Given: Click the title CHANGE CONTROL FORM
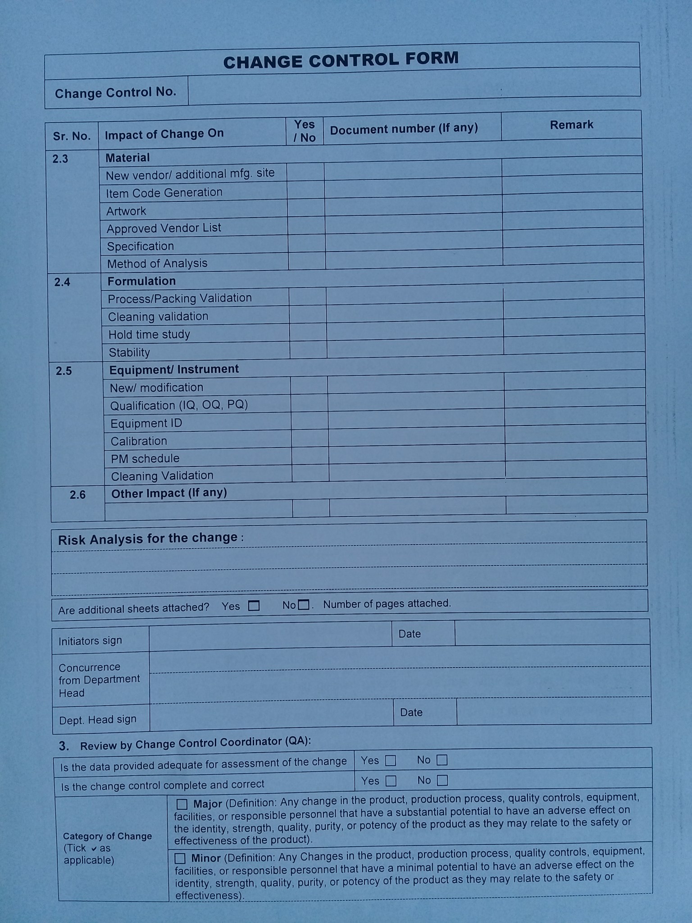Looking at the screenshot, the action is pos(341,60).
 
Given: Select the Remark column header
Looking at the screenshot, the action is pos(571,125).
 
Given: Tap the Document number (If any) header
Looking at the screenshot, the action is pos(404,129).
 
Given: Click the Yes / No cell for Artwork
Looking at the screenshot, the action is pos(306,209).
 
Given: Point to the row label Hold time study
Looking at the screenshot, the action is pos(149,334).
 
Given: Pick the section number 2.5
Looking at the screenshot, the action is pos(64,371).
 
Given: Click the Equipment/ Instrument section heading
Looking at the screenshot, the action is pos(174,370).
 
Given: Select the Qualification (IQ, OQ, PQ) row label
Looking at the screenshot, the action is pos(179,405).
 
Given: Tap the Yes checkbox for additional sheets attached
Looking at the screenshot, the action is pos(254,606).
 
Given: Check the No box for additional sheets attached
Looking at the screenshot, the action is pos(304,605).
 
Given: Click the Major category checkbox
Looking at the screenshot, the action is pos(182,804).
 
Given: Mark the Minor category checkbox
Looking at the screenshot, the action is pos(180,859).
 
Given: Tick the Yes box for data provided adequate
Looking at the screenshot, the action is pos(391,761).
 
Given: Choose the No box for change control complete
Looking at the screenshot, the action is pos(442,780).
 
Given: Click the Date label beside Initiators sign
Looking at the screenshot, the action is pos(410,634).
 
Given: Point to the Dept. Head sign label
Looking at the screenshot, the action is pos(98,720).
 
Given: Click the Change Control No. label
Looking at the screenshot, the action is pos(115,92).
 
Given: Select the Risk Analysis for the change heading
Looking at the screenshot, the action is pos(148,539).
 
